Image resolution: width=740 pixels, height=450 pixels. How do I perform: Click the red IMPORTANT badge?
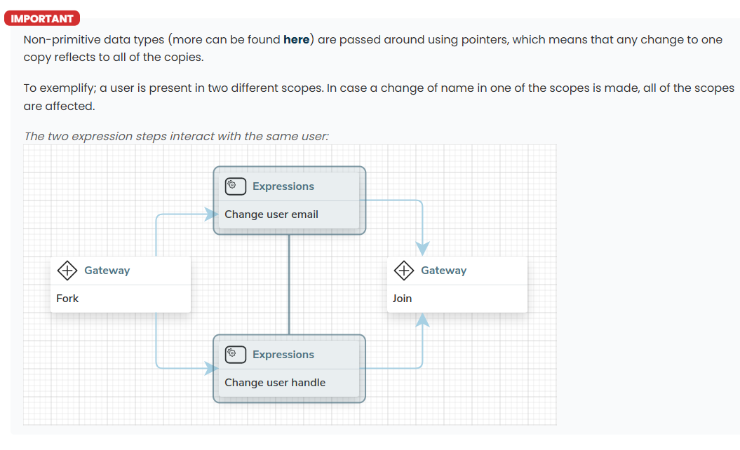click(x=42, y=18)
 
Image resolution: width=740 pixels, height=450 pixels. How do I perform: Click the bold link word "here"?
click(x=297, y=40)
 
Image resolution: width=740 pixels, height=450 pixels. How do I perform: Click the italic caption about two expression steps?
click(x=176, y=136)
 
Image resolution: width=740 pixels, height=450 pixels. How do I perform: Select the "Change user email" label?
click(x=271, y=214)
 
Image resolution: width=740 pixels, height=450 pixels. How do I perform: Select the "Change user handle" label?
click(x=275, y=383)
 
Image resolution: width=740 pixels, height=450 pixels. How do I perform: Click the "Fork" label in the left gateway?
click(x=67, y=299)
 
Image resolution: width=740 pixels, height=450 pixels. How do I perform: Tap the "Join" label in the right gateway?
click(x=402, y=299)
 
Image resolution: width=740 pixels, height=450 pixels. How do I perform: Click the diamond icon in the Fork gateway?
click(x=67, y=271)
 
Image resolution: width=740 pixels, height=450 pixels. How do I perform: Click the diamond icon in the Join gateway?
click(x=404, y=271)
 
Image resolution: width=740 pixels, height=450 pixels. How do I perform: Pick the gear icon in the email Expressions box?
click(x=236, y=186)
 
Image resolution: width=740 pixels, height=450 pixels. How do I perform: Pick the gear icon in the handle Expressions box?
click(x=236, y=354)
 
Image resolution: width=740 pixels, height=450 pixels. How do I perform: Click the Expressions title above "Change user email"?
click(x=283, y=186)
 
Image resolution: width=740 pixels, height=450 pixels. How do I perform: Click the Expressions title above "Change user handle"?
click(x=283, y=355)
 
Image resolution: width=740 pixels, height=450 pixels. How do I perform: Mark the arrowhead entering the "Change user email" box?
click(x=211, y=214)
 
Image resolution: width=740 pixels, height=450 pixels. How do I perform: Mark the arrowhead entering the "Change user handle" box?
click(x=211, y=369)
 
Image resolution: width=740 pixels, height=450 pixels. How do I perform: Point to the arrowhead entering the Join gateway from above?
click(x=422, y=249)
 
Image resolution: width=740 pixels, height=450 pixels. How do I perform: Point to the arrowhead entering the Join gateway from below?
click(x=422, y=320)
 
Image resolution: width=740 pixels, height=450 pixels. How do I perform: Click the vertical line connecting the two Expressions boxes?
click(x=289, y=285)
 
